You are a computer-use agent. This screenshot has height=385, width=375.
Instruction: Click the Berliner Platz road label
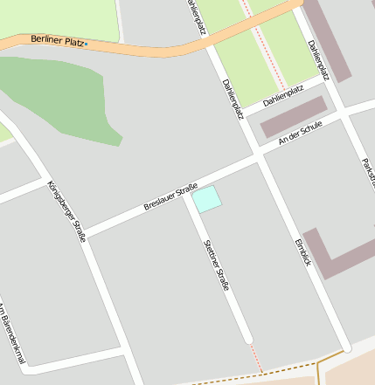tap(59, 40)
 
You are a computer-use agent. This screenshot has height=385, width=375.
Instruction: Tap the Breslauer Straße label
tap(170, 196)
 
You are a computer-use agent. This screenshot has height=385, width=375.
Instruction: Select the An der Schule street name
tap(300, 133)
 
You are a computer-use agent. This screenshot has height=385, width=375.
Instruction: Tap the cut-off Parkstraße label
tap(367, 175)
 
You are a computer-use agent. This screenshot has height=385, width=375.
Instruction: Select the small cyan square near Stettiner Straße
tap(207, 198)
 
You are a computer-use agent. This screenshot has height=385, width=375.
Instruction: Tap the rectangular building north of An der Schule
tap(294, 116)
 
